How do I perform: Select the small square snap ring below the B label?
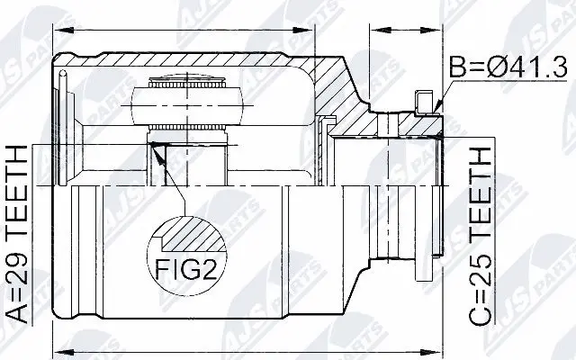(424, 98)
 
